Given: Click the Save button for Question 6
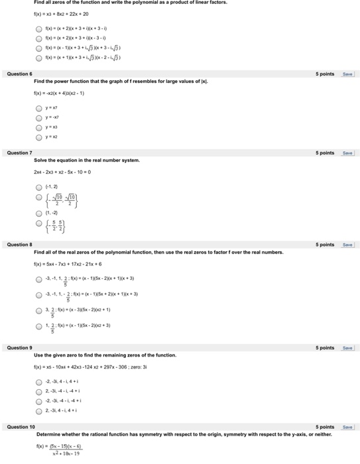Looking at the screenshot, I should [x=347, y=74].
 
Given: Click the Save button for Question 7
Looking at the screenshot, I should [x=347, y=153].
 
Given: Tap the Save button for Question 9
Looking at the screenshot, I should [x=347, y=348].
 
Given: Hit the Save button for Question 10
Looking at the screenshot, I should [x=347, y=427].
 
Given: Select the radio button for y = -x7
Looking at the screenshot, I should [x=40, y=117].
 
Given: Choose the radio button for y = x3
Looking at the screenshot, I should [x=40, y=127].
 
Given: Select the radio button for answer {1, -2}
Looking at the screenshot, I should [x=40, y=213].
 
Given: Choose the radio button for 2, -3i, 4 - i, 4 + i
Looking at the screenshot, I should [x=40, y=410].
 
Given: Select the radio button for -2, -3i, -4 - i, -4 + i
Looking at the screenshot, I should [x=40, y=400].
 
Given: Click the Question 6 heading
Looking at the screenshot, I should [x=19, y=74].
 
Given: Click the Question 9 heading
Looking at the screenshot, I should [x=19, y=348].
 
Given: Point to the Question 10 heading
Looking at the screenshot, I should [x=21, y=427].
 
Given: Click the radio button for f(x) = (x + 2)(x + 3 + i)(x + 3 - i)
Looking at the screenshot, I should [x=40, y=29].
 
